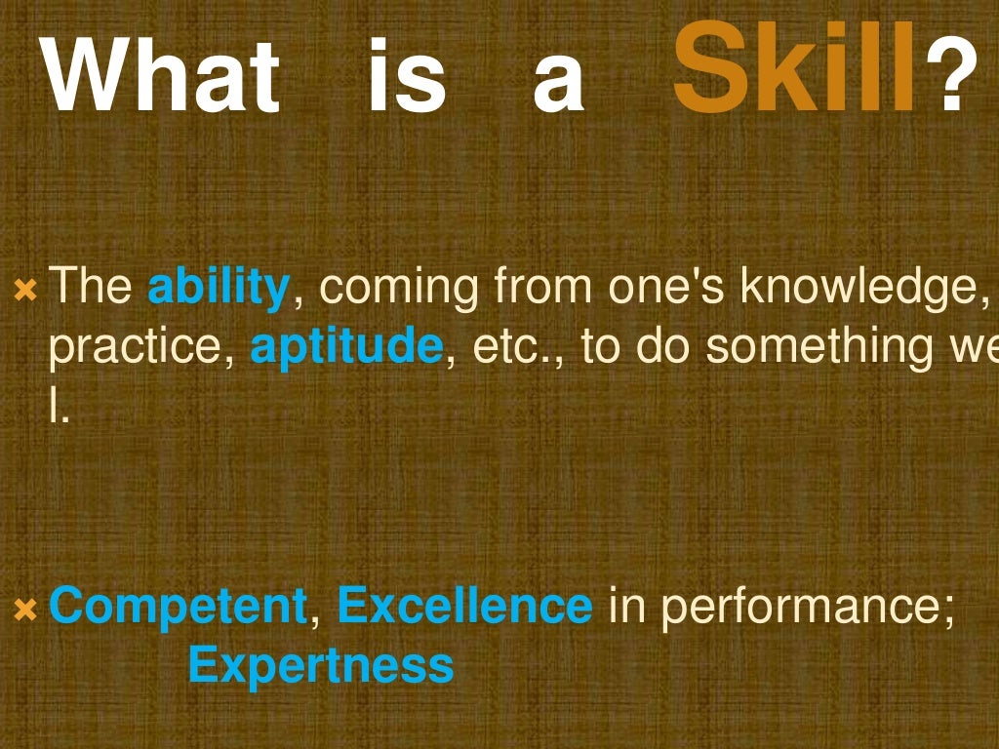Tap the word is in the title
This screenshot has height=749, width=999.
(407, 76)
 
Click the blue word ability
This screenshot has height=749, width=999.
(219, 289)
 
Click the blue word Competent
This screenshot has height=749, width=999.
(178, 607)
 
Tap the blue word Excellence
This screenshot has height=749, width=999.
(464, 607)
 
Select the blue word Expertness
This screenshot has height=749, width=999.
(321, 666)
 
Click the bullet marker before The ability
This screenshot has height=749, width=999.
(25, 291)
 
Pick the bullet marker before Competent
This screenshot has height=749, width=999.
(25, 611)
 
